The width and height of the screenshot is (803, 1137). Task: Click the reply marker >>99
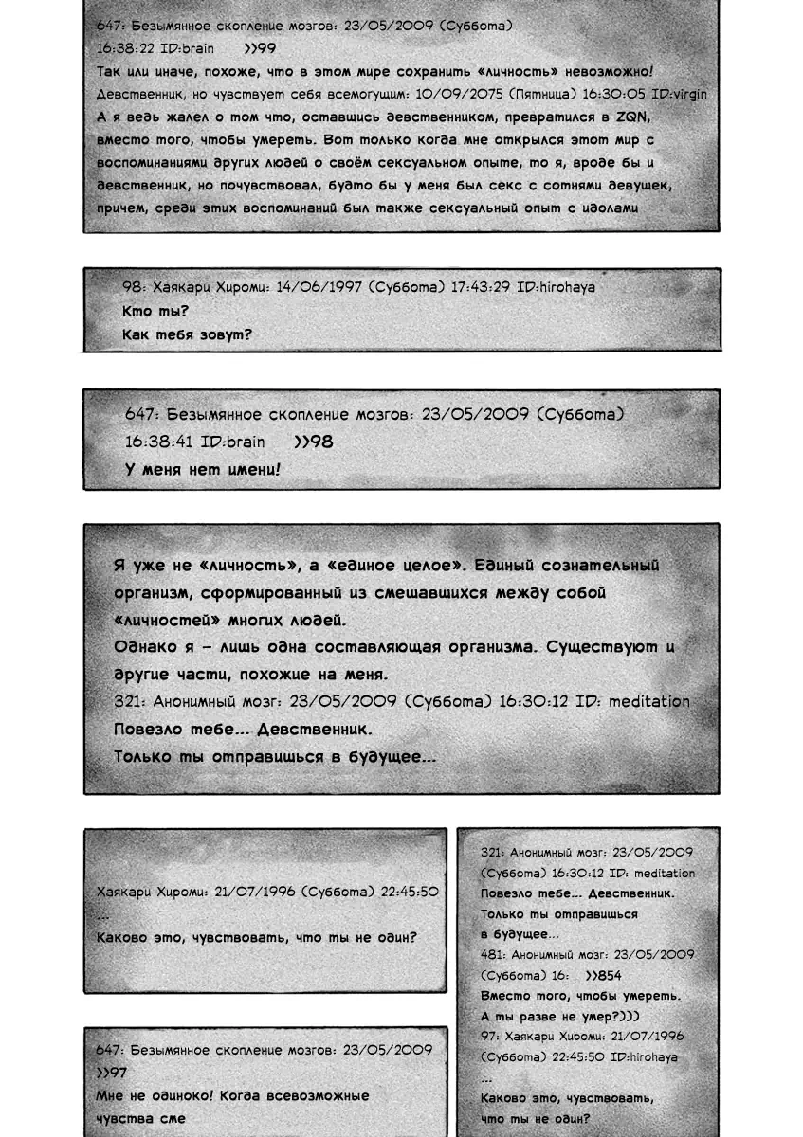[259, 48]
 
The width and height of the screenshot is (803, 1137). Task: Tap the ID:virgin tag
[675, 95]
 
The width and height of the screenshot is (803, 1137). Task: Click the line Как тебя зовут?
[187, 334]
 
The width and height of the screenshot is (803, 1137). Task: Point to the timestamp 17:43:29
[482, 286]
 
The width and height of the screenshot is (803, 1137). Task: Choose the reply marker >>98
[314, 442]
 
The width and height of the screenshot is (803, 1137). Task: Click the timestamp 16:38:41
[159, 442]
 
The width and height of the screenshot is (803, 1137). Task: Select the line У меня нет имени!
[203, 469]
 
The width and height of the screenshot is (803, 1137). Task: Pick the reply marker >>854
[604, 976]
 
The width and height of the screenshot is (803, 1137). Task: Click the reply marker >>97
[112, 1073]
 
